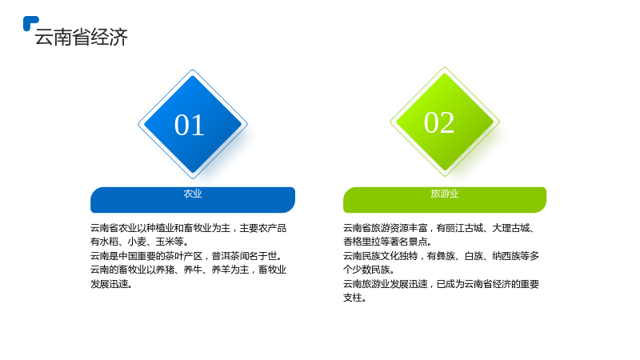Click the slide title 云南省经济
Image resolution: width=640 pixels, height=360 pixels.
[x=82, y=37]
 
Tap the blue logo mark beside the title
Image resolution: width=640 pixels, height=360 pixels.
[x=30, y=23]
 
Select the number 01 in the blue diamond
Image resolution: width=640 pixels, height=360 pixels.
[x=190, y=125]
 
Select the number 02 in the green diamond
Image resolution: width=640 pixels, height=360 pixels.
[x=439, y=122]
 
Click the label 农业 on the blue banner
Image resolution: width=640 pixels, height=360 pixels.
[x=193, y=194]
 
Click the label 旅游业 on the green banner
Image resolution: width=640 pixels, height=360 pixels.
[x=445, y=194]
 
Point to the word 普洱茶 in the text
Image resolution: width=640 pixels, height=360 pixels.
[x=226, y=256]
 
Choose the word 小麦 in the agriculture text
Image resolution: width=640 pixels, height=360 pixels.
[x=137, y=242]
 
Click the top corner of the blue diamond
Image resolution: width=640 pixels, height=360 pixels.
[x=193, y=70]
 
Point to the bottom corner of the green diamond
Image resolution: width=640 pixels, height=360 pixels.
[x=445, y=176]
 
